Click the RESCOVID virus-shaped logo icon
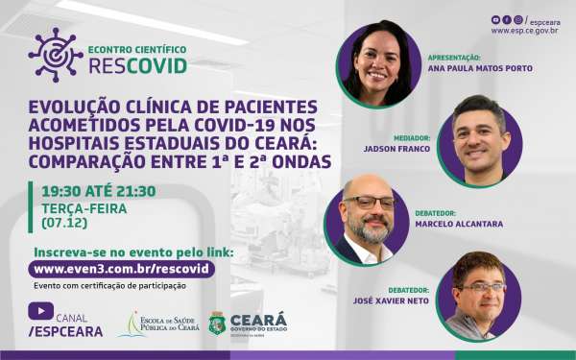pyautogui.click(x=56, y=54)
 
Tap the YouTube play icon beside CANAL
pyautogui.click(x=40, y=310)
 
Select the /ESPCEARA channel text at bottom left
pyautogui.click(x=67, y=330)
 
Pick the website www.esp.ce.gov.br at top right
pyautogui.click(x=524, y=31)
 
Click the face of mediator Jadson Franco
pyautogui.click(x=479, y=133)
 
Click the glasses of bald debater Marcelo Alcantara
pyautogui.click(x=370, y=203)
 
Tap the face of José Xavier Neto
pyautogui.click(x=479, y=292)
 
